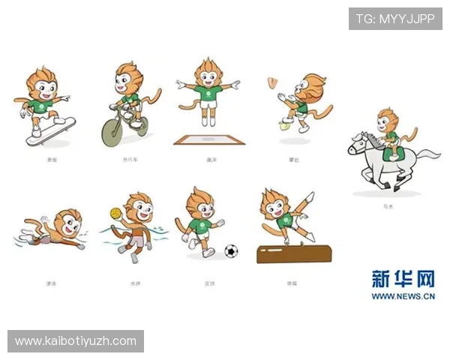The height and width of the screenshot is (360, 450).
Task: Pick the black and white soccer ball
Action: pyautogui.click(x=230, y=250)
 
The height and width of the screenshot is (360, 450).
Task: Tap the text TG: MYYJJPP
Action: pyautogui.click(x=395, y=18)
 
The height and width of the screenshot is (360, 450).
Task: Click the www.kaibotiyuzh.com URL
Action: pyautogui.click(x=75, y=341)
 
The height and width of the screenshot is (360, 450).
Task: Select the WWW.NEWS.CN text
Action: pyautogui.click(x=403, y=296)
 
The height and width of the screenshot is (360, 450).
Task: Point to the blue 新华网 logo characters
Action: pyautogui.click(x=403, y=279)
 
